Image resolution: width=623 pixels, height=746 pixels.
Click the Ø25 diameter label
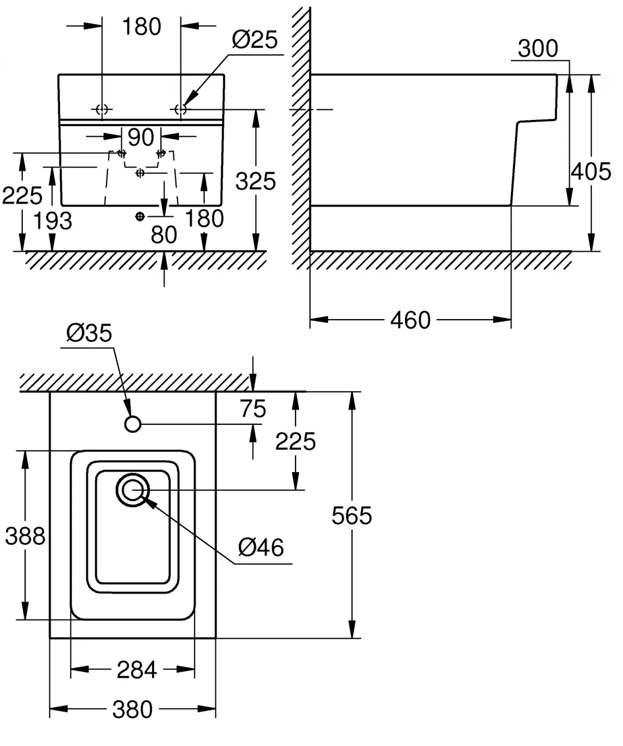tap(254, 40)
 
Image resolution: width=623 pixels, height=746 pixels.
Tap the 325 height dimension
tap(255, 182)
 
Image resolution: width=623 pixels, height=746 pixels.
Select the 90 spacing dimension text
tap(141, 137)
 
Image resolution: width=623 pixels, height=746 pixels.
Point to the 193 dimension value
tap(53, 222)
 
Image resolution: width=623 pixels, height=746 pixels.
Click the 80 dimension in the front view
tap(164, 235)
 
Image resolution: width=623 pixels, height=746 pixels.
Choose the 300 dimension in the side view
tap(538, 49)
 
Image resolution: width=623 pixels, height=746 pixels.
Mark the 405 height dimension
tap(591, 172)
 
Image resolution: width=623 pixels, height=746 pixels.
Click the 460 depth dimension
tap(410, 320)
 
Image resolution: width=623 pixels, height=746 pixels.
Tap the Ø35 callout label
tap(89, 333)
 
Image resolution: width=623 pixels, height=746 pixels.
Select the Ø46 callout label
tap(261, 547)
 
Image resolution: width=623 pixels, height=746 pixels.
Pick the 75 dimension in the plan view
tap(253, 409)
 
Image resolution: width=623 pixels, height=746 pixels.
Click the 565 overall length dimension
tap(352, 516)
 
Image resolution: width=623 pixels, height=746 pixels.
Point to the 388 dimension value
tap(25, 536)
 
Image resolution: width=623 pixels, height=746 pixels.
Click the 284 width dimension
tap(137, 670)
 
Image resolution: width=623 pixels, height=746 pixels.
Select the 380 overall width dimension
tap(132, 709)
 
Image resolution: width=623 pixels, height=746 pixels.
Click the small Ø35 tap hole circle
tap(133, 424)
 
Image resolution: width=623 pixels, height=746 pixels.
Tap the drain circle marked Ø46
tap(133, 489)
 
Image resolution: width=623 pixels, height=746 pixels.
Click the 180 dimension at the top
tap(141, 27)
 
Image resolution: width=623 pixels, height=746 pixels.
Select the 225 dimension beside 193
tap(22, 196)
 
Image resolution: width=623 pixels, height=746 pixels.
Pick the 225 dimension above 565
tap(295, 442)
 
